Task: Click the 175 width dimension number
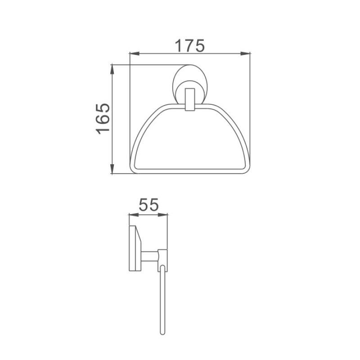[189, 45]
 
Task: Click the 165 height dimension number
[103, 119]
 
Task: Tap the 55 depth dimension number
[148, 206]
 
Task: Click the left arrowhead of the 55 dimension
[131, 215]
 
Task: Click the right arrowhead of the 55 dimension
[165, 215]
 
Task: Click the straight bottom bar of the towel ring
[189, 171]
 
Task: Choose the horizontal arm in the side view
[150, 256]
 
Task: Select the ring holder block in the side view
[162, 256]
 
